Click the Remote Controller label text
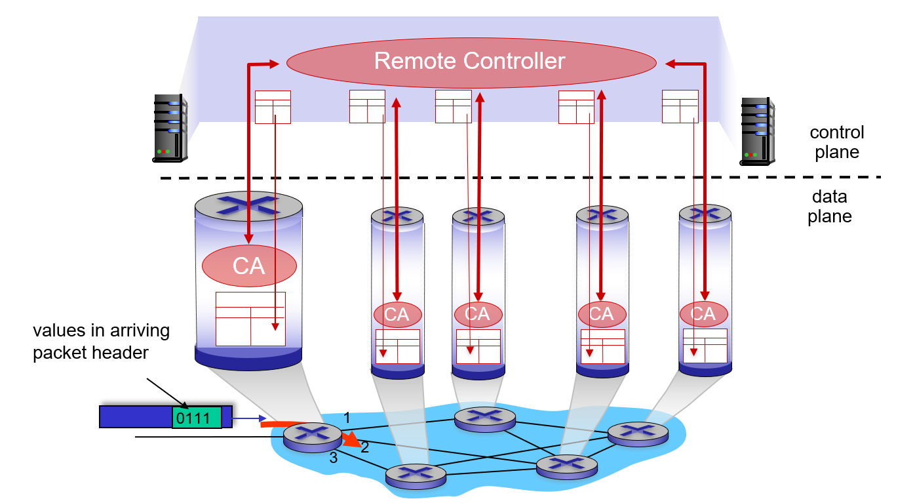point(469,61)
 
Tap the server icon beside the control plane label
point(757,132)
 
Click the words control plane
point(836,142)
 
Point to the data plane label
point(830,207)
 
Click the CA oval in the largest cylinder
point(249,266)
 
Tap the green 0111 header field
point(197,418)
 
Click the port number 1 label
point(347,418)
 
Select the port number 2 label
point(365,447)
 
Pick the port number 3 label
point(334,458)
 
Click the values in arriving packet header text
point(102,342)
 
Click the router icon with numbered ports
point(313,437)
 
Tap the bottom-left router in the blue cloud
point(416,476)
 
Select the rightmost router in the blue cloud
point(638,434)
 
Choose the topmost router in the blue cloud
point(485,419)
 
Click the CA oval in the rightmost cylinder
point(704,314)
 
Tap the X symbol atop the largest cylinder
point(248,205)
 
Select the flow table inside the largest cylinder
point(250,319)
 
